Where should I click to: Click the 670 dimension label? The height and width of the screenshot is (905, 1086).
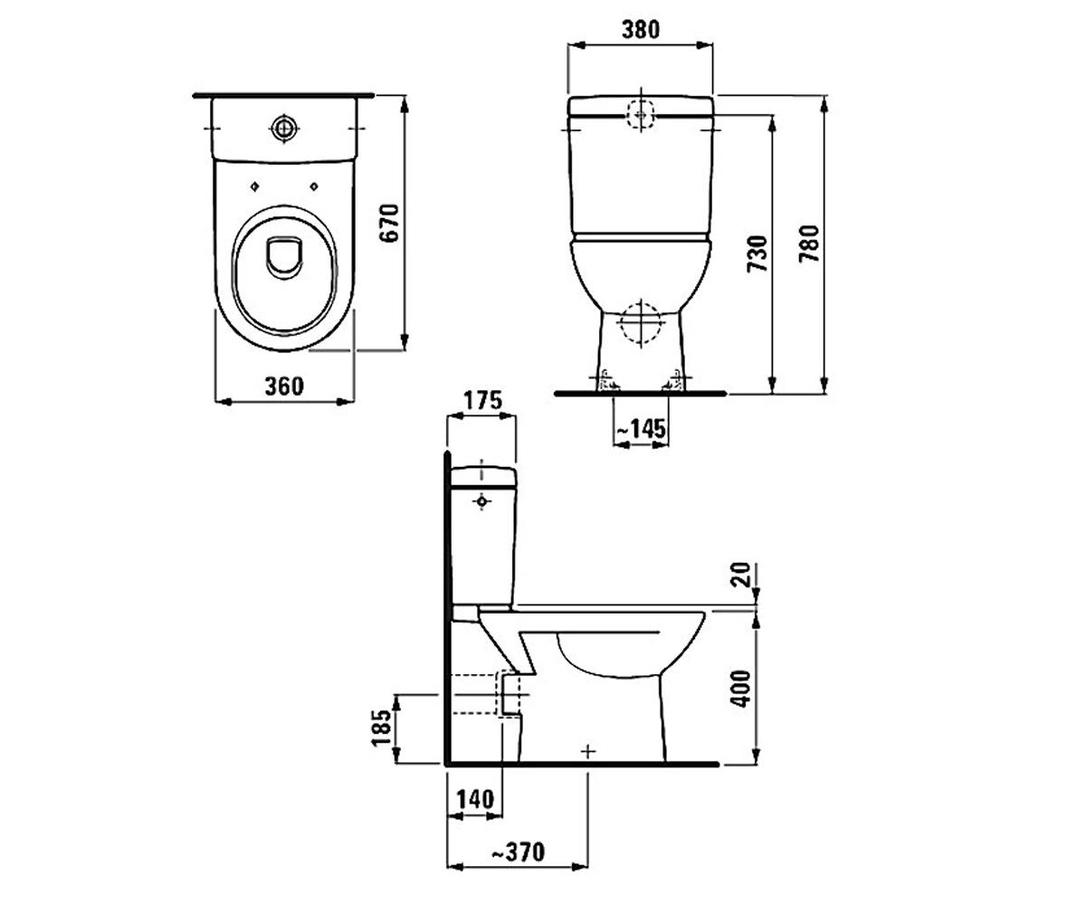389,224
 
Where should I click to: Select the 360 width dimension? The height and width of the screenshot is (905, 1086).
284,386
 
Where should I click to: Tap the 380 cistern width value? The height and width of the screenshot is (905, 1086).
640,30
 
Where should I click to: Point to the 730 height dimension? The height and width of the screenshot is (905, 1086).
757,253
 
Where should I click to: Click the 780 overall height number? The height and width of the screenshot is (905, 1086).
809,243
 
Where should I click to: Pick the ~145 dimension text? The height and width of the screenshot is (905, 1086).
640,429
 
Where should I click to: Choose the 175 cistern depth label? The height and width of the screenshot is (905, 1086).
482,400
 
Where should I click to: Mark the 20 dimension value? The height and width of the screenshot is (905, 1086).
741,575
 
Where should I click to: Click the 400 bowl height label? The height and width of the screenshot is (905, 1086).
741,689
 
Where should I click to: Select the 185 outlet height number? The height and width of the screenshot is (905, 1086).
381,728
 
